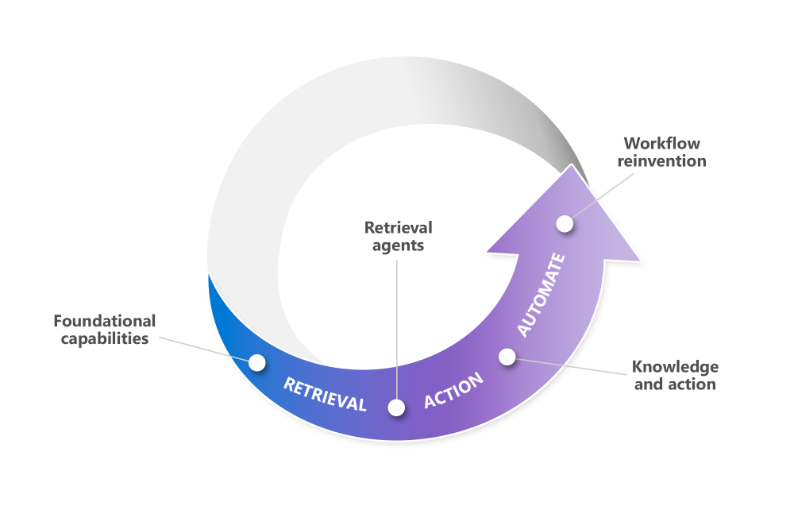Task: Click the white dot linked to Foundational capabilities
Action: [x=256, y=362]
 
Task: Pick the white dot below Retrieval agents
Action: [x=396, y=408]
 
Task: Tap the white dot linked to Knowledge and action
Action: [x=507, y=357]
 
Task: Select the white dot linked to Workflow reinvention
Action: [x=565, y=224]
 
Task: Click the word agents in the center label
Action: [x=394, y=245]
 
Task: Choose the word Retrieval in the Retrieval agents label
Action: [x=394, y=228]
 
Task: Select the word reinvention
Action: [x=664, y=161]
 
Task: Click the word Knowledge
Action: [x=674, y=367]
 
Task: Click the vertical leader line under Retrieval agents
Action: [x=396, y=326]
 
